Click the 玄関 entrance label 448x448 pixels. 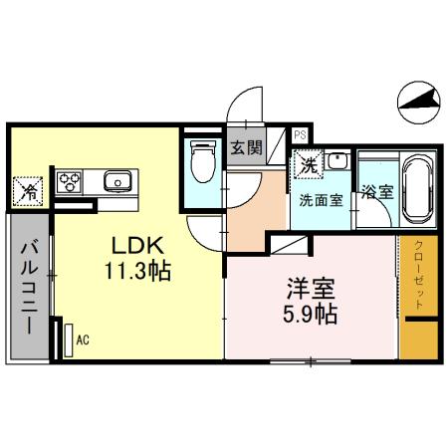click(246, 148)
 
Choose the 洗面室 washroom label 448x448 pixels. click(321, 198)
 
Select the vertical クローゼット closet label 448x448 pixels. click(419, 277)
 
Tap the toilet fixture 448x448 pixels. click(203, 161)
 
